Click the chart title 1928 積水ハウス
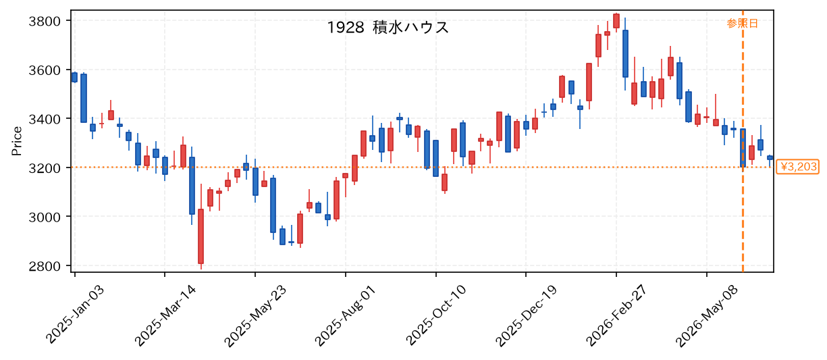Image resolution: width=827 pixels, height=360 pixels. click(388, 28)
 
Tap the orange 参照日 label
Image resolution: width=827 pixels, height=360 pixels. click(743, 24)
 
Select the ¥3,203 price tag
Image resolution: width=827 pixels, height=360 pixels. click(798, 167)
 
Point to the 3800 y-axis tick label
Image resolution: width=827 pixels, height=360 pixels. click(45, 22)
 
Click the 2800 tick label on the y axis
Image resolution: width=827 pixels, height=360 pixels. click(45, 266)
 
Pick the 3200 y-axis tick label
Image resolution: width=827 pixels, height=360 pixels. click(45, 168)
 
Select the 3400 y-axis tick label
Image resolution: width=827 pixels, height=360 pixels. click(45, 120)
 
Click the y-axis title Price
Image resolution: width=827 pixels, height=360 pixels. click(17, 141)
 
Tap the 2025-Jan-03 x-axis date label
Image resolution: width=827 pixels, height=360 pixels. click(75, 315)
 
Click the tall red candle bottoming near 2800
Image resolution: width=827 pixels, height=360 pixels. click(201, 236)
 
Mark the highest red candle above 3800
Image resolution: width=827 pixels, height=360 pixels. click(616, 21)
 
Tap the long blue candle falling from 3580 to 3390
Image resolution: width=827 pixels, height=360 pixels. click(84, 98)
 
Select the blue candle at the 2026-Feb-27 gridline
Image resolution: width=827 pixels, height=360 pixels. click(625, 53)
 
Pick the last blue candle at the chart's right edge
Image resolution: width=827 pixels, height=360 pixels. click(770, 157)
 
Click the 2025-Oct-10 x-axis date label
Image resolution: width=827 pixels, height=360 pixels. click(435, 315)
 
